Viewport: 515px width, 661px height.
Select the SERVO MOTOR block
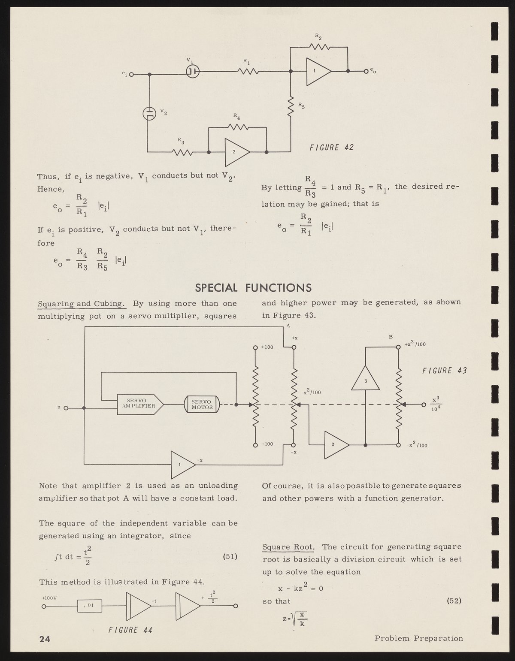click(x=202, y=404)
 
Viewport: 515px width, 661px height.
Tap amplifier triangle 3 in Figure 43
click(x=366, y=379)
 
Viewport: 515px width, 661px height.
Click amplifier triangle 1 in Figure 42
click(x=318, y=71)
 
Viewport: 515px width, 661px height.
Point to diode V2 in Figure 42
click(x=148, y=113)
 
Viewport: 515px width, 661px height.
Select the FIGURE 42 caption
click(x=331, y=148)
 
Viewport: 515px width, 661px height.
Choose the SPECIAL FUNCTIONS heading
click(x=253, y=287)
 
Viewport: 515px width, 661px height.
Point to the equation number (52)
click(x=454, y=601)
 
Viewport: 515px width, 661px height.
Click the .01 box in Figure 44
click(x=90, y=606)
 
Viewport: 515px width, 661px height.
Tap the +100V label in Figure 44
click(x=49, y=598)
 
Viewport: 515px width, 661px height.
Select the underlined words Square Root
click(x=288, y=547)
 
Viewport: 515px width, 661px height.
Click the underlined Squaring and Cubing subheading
click(x=82, y=304)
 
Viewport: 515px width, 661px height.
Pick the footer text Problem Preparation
click(x=418, y=638)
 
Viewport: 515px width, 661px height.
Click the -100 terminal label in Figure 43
click(x=267, y=444)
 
